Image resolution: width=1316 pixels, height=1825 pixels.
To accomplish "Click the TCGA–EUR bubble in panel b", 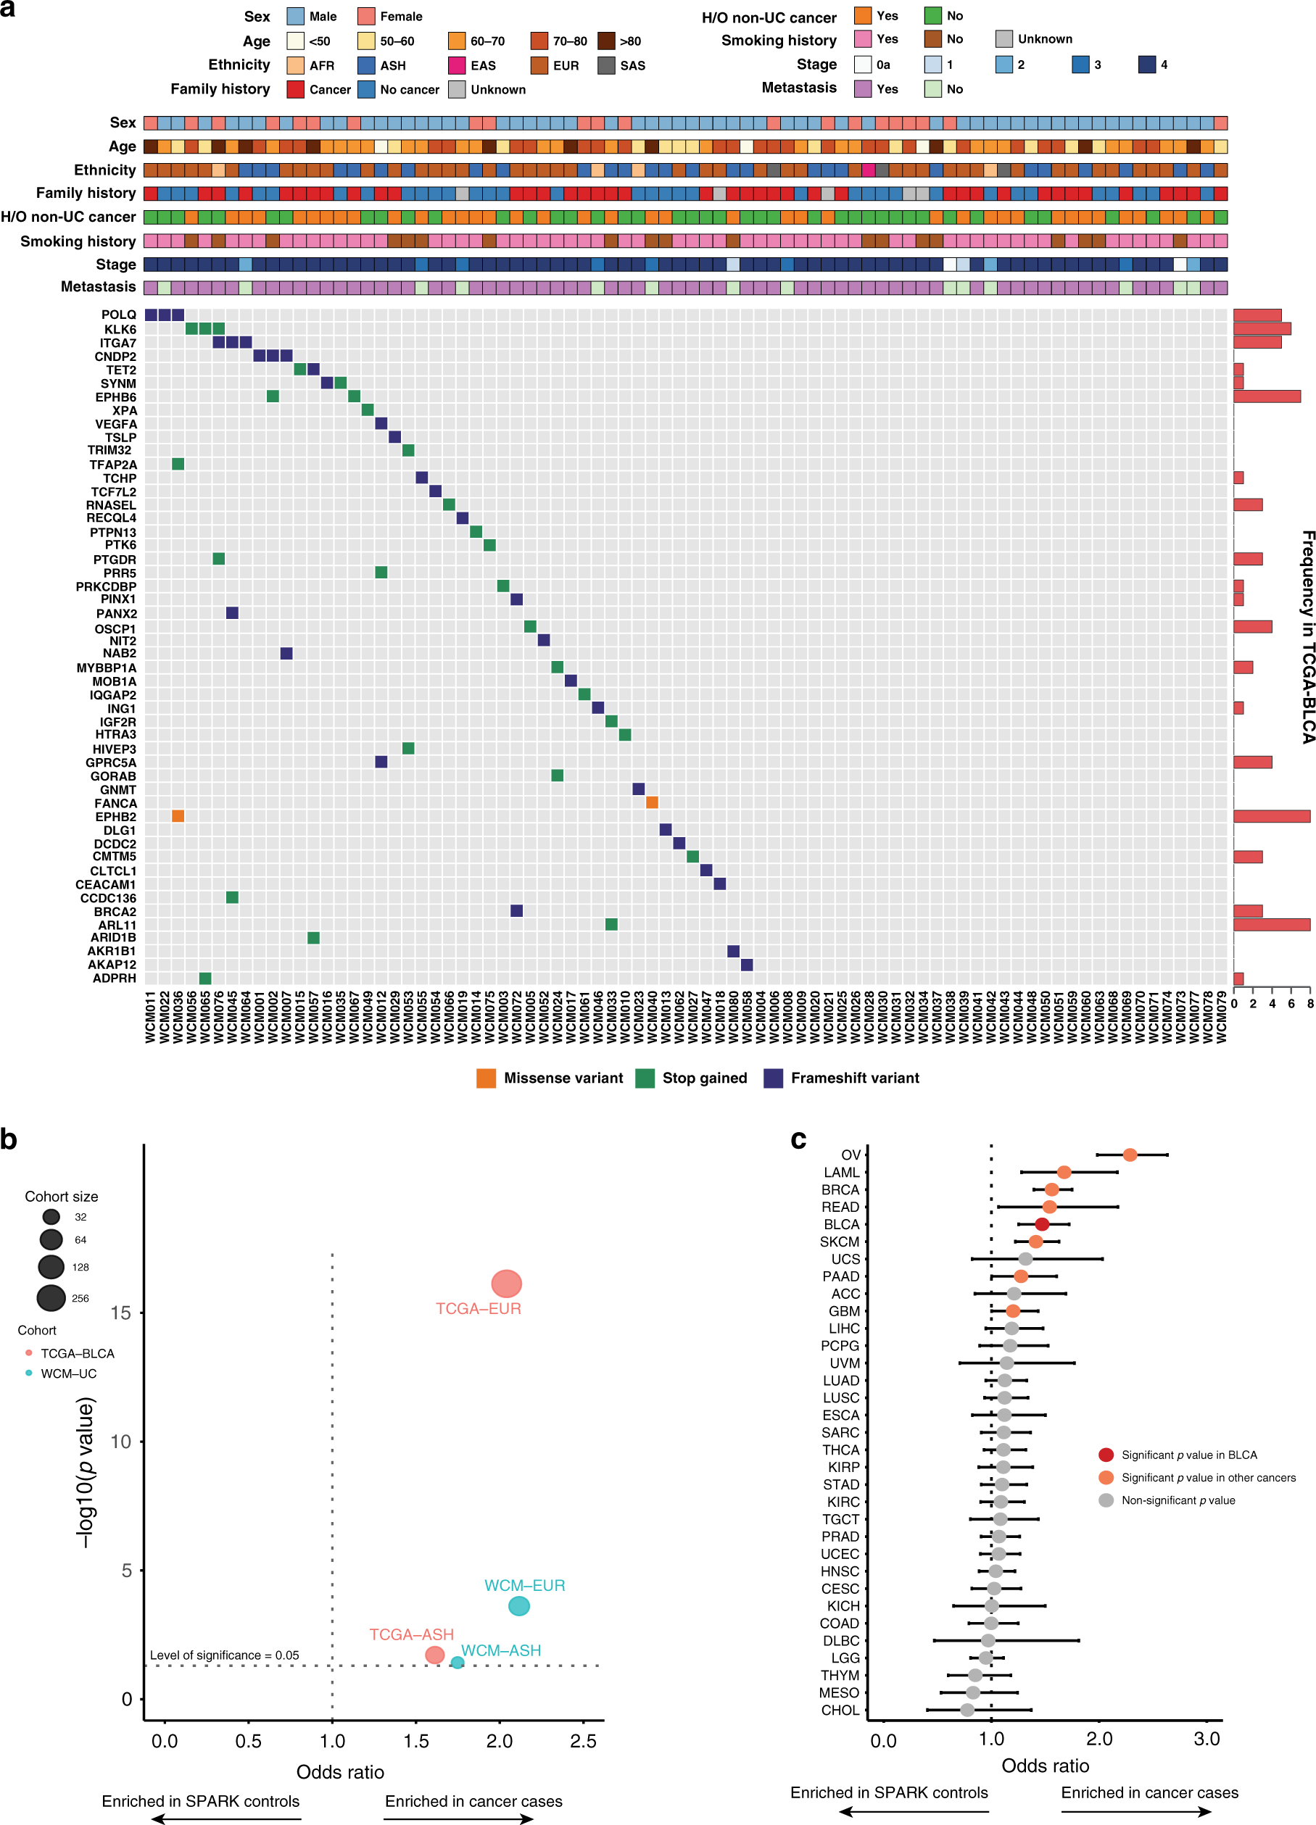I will pos(506,1284).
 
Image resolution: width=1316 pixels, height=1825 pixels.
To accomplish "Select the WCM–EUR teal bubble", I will pos(519,1606).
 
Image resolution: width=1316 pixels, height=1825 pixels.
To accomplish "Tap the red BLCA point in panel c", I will pos(1041,1224).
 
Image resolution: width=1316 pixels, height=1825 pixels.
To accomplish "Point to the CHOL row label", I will pos(840,1710).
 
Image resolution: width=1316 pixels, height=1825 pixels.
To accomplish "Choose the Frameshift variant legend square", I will pos(773,1078).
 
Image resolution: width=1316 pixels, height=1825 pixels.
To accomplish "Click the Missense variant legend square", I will pos(486,1078).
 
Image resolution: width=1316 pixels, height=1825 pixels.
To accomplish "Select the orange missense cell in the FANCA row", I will pos(652,802).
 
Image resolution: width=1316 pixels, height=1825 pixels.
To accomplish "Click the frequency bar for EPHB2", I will pos(1271,816).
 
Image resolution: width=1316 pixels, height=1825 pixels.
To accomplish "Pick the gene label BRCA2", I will pos(115,912).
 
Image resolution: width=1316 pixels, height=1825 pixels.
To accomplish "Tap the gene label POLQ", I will pos(119,315).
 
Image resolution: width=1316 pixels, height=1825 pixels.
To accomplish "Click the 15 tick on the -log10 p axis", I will pos(121,1313).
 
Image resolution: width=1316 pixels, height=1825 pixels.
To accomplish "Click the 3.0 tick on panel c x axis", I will pos(1207,1739).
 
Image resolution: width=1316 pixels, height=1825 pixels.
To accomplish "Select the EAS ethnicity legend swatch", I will pos(456,65).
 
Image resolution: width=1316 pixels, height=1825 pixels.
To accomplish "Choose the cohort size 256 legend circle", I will pos(51,1297).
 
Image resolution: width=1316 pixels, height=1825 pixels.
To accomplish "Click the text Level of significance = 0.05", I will pos(224,1655).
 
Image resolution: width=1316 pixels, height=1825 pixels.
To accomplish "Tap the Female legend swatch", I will pos(366,16).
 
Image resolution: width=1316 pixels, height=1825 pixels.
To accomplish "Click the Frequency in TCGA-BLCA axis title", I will pos(1307,636).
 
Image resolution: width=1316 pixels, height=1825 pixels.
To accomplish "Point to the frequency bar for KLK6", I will pos(1262,328).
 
